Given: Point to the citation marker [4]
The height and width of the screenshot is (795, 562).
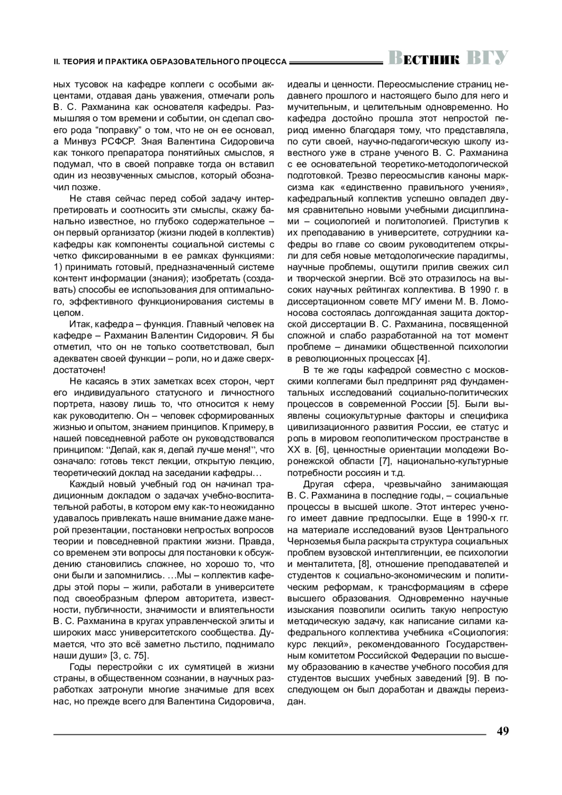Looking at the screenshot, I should click(x=422, y=359).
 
